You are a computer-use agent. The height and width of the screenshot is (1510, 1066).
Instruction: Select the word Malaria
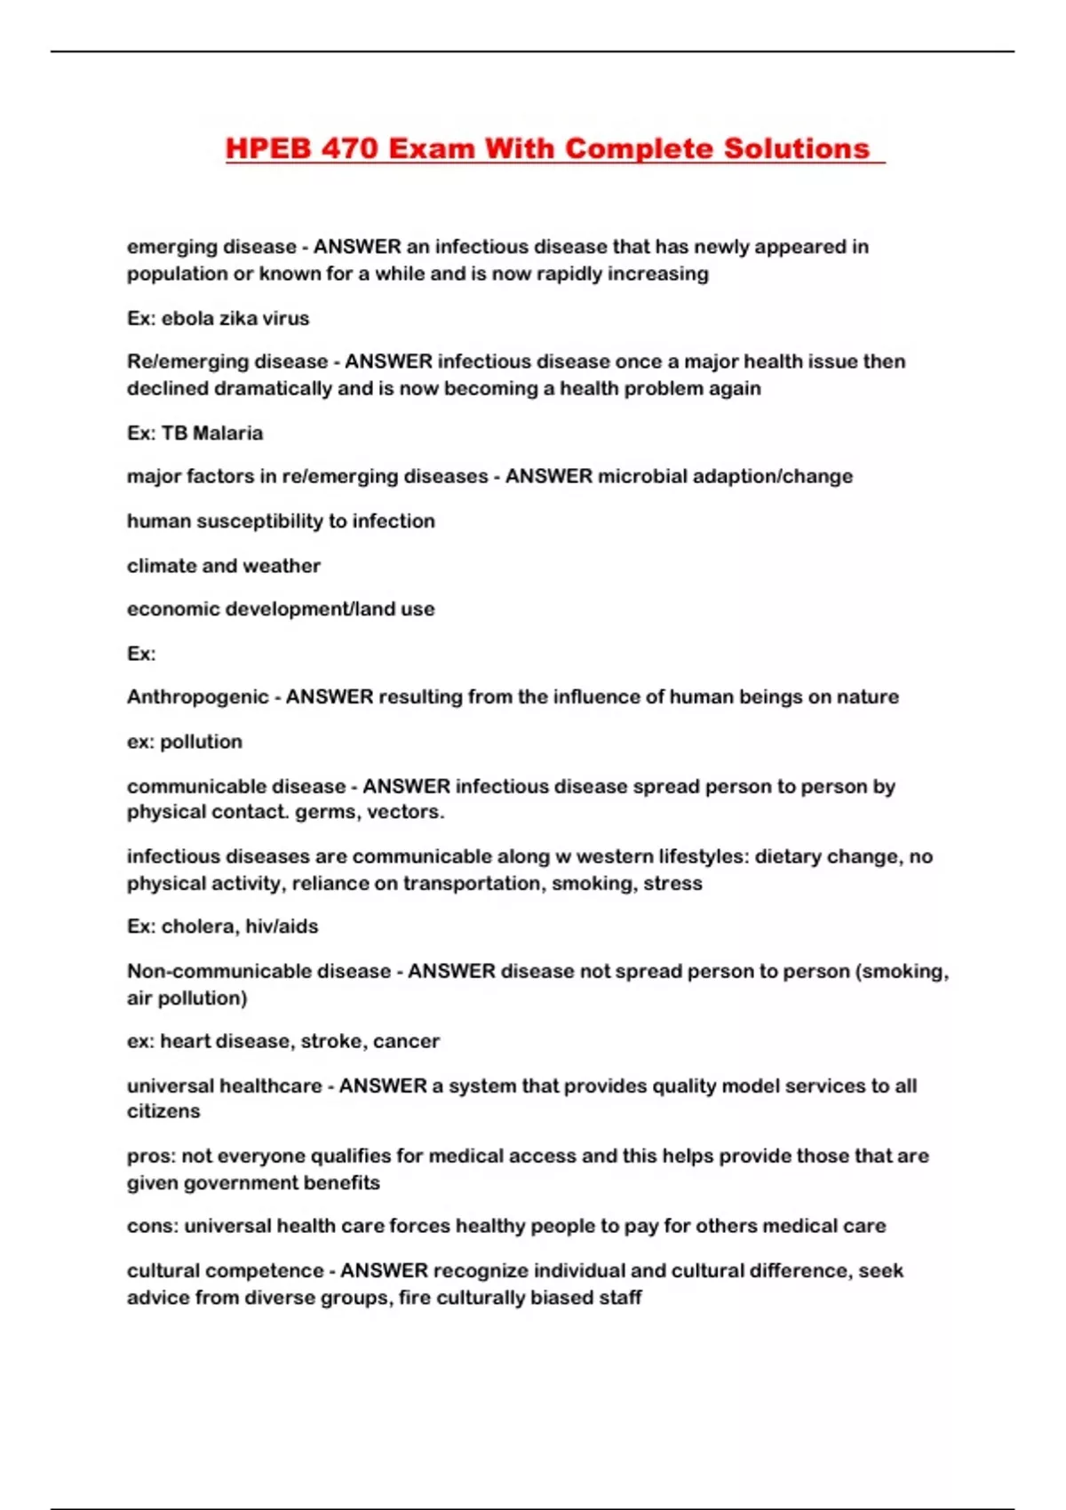[227, 433]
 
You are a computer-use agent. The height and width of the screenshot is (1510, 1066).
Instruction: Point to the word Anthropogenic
[197, 696]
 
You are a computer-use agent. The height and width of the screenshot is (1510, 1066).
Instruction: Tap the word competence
[274, 1270]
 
